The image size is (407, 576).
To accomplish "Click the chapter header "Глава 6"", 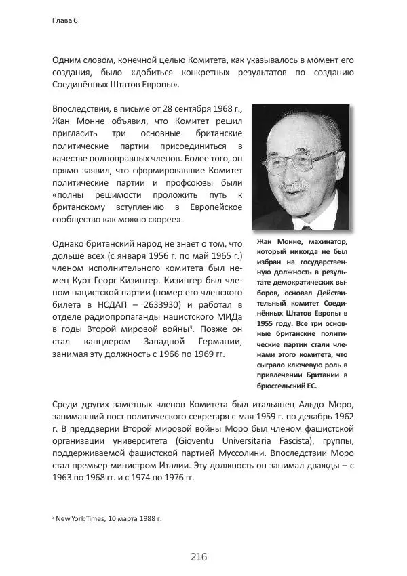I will click(65, 20).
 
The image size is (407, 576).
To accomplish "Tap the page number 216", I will click(198, 556).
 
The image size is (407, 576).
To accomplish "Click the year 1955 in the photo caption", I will click(267, 325).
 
